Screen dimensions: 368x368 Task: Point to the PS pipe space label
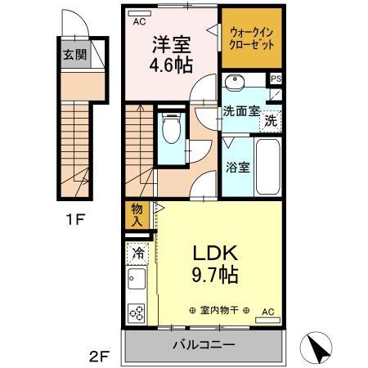click(276, 79)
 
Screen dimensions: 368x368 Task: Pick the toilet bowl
click(173, 129)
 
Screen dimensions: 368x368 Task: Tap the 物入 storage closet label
click(137, 214)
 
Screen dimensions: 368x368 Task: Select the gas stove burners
click(137, 312)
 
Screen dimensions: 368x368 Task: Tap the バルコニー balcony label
click(204, 344)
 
